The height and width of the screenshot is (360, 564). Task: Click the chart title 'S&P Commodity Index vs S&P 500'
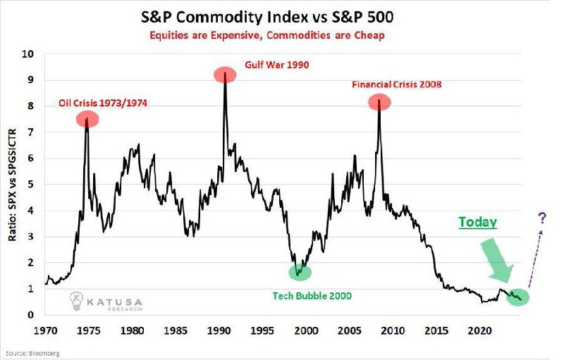(266, 17)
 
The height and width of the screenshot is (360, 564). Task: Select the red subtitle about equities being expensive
(267, 35)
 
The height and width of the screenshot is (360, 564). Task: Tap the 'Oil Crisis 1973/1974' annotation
(103, 103)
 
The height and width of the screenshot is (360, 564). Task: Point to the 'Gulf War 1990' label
(276, 65)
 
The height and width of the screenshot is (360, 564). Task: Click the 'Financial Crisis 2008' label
(396, 85)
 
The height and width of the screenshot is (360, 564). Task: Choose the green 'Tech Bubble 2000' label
(312, 296)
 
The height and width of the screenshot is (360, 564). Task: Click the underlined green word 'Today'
(477, 222)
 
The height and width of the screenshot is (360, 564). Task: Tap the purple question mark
(542, 218)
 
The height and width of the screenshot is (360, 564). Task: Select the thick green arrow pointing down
(497, 260)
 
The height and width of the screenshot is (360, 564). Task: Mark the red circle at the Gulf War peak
(225, 75)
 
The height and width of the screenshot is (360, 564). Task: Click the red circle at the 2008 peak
(379, 102)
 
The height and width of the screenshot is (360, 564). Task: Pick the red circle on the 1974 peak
(87, 119)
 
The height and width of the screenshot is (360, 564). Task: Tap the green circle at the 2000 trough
(300, 272)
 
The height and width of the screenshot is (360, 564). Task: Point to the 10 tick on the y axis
(28, 54)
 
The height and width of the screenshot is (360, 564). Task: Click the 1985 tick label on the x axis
(175, 330)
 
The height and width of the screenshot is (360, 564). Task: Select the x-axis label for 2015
(436, 330)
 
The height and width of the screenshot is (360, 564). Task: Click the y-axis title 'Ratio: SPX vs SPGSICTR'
(12, 185)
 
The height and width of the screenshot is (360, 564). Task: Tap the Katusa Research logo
(106, 302)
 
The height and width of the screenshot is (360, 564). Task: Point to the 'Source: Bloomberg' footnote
(32, 354)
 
